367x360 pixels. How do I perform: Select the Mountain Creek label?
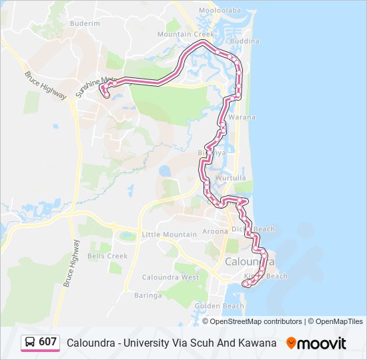coord(186,34)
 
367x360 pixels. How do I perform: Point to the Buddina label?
coord(244,41)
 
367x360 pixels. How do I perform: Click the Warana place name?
coord(242,117)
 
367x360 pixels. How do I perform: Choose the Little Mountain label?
coord(169,235)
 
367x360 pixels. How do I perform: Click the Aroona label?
coord(215,231)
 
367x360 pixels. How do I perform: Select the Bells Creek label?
coord(107,256)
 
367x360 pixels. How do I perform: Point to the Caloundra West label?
coord(171,277)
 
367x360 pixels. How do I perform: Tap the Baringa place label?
coord(148,295)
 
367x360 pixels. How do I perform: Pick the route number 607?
coord(47,342)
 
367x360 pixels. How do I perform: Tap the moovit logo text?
coord(322,343)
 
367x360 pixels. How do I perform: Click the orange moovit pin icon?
coord(291,343)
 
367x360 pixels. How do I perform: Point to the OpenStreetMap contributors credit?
coord(256,321)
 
